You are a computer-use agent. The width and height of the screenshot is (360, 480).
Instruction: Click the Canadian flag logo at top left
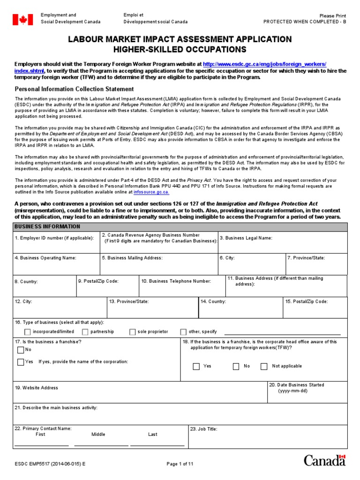click(22, 19)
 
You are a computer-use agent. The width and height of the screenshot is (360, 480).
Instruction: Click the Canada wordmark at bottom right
click(324, 460)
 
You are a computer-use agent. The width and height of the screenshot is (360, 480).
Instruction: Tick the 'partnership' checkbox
click(85, 332)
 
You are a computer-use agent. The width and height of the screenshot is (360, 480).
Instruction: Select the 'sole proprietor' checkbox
click(133, 332)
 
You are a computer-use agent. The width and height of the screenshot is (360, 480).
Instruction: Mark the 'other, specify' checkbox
click(183, 332)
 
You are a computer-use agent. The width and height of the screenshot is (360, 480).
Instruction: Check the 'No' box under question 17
click(21, 350)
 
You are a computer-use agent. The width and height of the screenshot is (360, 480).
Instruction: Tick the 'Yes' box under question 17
click(21, 362)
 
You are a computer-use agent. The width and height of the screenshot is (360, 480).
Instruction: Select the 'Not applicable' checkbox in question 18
click(264, 367)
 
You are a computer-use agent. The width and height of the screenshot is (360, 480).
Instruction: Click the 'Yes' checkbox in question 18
click(196, 367)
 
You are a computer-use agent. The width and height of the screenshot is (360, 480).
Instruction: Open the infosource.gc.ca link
click(151, 192)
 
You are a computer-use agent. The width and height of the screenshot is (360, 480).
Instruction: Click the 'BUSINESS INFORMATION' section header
click(47, 226)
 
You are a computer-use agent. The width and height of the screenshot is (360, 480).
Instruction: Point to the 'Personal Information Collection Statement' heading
click(74, 89)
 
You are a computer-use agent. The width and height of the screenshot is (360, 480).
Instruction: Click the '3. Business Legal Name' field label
click(246, 238)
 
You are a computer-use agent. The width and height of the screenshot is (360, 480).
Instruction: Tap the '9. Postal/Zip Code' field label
click(99, 281)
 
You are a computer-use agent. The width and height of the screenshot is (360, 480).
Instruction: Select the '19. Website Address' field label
click(37, 388)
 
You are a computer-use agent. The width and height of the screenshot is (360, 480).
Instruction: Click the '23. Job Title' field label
click(204, 429)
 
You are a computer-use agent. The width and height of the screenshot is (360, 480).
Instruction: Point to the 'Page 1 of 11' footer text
click(180, 464)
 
